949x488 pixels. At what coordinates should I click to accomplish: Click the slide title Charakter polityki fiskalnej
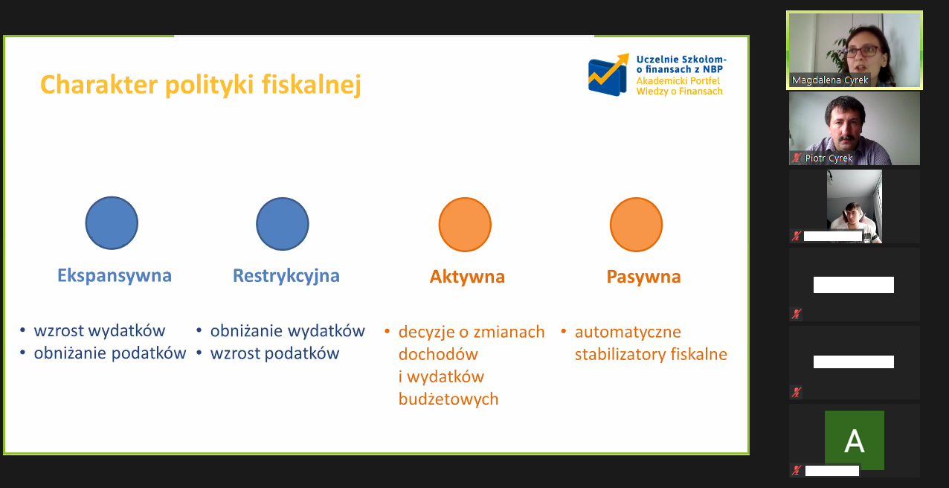[200, 85]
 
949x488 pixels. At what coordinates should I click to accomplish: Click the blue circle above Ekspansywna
[112, 223]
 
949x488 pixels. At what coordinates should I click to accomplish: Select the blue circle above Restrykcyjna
[283, 224]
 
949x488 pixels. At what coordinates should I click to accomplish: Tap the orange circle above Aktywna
[465, 225]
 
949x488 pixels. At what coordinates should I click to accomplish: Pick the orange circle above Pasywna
[636, 225]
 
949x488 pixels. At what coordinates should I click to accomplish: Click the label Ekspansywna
[115, 276]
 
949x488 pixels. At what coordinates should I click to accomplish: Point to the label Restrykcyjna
[286, 276]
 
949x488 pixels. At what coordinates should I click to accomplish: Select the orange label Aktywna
[467, 277]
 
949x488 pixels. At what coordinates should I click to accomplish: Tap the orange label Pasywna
[643, 277]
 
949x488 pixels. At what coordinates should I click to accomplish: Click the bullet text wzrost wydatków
[100, 331]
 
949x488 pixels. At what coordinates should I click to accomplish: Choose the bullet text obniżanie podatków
[110, 353]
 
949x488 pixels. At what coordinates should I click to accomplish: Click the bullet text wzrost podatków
[274, 353]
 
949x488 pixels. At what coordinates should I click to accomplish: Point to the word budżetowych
[448, 399]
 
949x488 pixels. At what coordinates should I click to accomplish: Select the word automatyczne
[628, 332]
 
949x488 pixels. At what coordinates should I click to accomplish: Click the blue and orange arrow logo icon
[608, 75]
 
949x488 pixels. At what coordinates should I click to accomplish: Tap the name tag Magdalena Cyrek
[830, 80]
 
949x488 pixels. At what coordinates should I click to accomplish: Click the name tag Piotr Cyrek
[829, 158]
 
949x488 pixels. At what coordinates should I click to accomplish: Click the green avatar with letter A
[854, 440]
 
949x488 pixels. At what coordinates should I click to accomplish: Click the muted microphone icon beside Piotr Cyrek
[797, 158]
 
